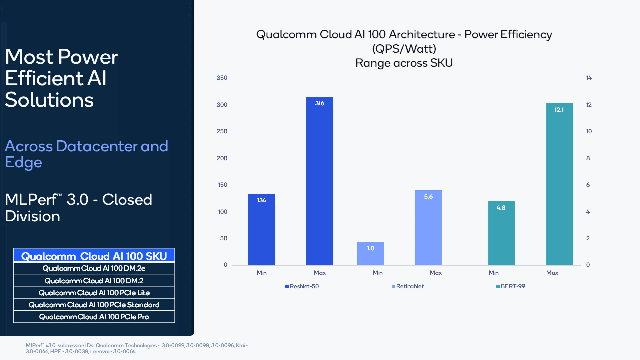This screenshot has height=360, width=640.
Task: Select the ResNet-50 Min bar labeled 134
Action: (261, 229)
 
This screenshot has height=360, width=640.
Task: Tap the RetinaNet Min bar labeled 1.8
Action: (370, 253)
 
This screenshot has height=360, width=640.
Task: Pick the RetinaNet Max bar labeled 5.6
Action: (428, 227)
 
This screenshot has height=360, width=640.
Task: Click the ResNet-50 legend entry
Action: (303, 286)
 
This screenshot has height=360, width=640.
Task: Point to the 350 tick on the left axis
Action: (222, 78)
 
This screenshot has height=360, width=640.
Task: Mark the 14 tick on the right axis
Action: (589, 78)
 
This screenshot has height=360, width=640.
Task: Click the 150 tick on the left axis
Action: (222, 185)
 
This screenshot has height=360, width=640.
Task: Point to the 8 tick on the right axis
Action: (588, 158)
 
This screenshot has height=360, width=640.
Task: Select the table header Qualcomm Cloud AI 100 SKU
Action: (94, 256)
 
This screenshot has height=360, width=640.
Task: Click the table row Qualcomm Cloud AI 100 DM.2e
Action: (94, 268)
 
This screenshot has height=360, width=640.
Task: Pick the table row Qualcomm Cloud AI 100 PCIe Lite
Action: (94, 292)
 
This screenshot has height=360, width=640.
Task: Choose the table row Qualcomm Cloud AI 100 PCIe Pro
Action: (94, 317)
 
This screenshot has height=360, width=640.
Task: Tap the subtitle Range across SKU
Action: (404, 63)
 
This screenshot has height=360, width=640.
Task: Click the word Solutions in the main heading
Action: (49, 100)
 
